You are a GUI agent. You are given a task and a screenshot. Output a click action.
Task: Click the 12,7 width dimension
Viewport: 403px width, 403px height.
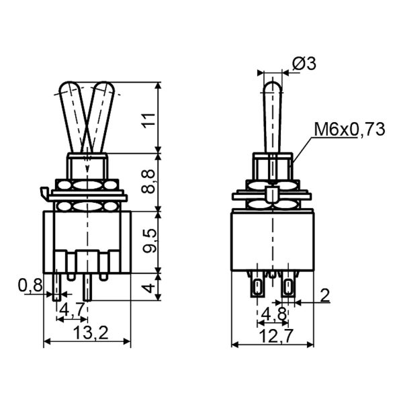coord(272,334)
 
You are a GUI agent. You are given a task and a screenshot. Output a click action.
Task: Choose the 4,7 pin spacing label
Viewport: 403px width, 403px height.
coord(72,309)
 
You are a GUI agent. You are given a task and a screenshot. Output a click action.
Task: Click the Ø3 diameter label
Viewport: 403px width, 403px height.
coord(304,64)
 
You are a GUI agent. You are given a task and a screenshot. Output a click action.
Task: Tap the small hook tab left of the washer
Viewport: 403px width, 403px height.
coord(44,194)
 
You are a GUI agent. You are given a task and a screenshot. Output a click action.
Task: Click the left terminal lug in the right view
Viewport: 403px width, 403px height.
coord(257,288)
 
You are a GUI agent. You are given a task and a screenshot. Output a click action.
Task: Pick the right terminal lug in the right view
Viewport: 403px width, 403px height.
coord(288,288)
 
